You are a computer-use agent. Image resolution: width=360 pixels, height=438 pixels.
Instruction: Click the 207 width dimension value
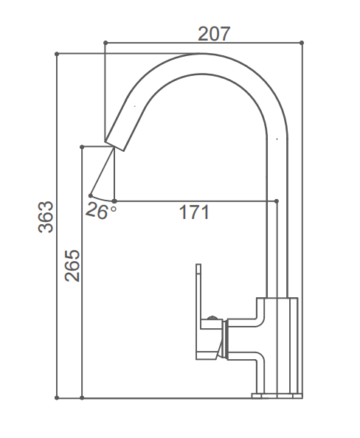(214, 33)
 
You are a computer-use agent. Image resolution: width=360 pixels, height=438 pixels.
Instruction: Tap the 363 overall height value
(46, 217)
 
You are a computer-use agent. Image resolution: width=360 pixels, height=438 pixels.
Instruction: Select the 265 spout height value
(72, 265)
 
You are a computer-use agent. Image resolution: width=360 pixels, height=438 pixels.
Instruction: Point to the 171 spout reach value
(195, 213)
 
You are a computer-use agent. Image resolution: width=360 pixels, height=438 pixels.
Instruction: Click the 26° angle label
(101, 211)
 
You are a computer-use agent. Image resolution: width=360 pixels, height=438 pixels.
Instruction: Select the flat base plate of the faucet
(277, 396)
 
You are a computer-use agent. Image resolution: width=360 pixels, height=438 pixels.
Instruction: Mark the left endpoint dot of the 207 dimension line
(105, 43)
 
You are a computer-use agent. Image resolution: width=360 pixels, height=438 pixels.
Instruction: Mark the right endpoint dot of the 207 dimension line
(302, 43)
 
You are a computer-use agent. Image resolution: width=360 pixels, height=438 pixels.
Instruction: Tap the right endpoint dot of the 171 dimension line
(276, 201)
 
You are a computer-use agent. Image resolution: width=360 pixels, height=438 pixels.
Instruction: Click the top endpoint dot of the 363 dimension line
(58, 53)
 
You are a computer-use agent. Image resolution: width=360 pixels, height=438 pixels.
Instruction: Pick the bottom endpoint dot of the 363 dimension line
(58, 399)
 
